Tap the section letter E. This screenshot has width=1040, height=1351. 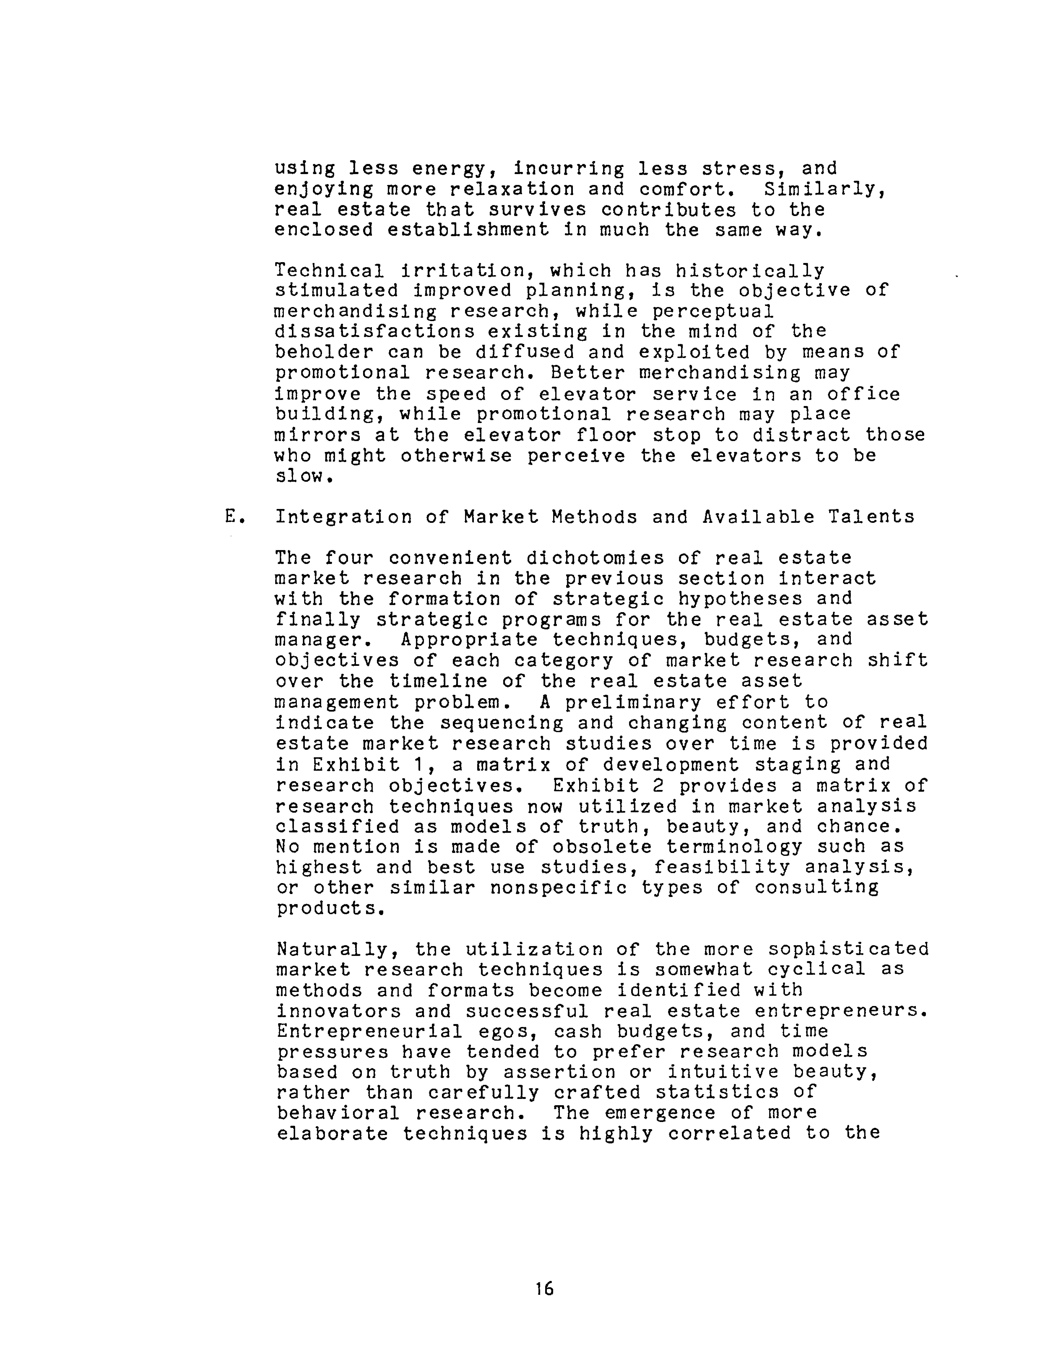click(x=233, y=517)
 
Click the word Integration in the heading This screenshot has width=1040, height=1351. click(x=343, y=517)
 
